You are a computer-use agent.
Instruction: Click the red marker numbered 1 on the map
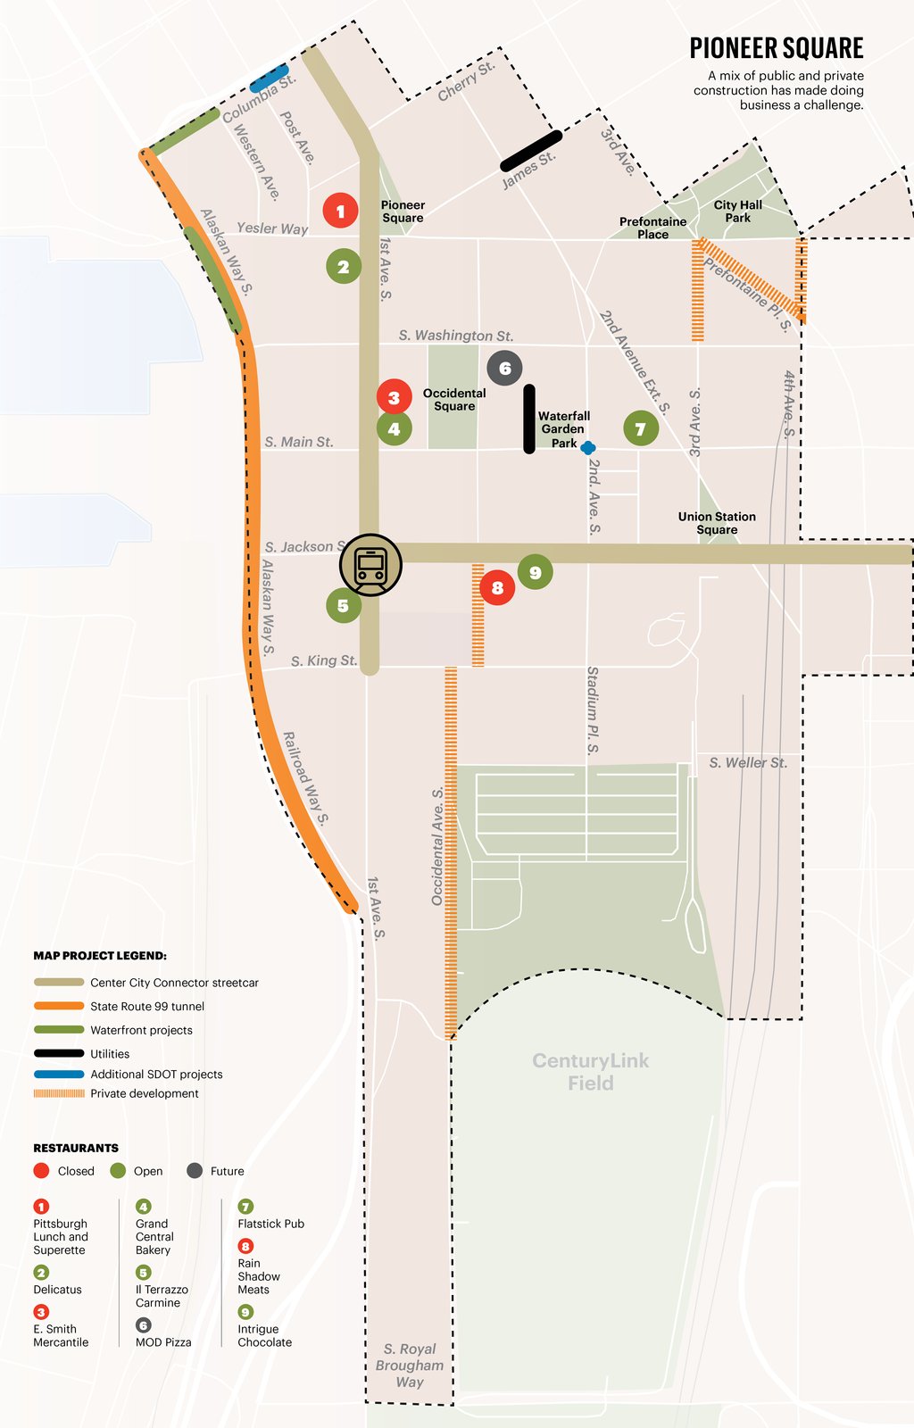point(340,211)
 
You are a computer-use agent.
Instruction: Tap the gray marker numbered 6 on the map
point(504,368)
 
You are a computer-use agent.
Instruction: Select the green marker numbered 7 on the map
point(640,429)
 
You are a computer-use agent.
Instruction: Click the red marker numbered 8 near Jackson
point(497,587)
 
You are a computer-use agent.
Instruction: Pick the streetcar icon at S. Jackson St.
point(370,565)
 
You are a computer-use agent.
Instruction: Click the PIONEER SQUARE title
point(776,48)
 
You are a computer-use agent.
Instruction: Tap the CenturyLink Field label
point(590,1071)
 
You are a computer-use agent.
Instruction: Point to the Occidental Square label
point(454,399)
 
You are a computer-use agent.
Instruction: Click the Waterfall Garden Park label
point(563,429)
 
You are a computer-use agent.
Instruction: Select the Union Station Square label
point(717,523)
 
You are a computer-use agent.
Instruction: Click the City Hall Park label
point(737,211)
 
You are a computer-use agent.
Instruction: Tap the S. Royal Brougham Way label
point(410,1365)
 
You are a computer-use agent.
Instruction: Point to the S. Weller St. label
point(748,762)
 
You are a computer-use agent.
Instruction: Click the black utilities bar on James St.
point(531,151)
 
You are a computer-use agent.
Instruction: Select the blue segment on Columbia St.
point(269,78)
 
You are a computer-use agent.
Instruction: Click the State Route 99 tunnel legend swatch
point(59,1006)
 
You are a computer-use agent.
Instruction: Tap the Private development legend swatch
point(59,1093)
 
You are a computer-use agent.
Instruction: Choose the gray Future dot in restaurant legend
point(195,1171)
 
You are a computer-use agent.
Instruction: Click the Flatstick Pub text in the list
point(270,1224)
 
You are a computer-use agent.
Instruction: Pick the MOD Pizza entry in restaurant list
point(163,1341)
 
